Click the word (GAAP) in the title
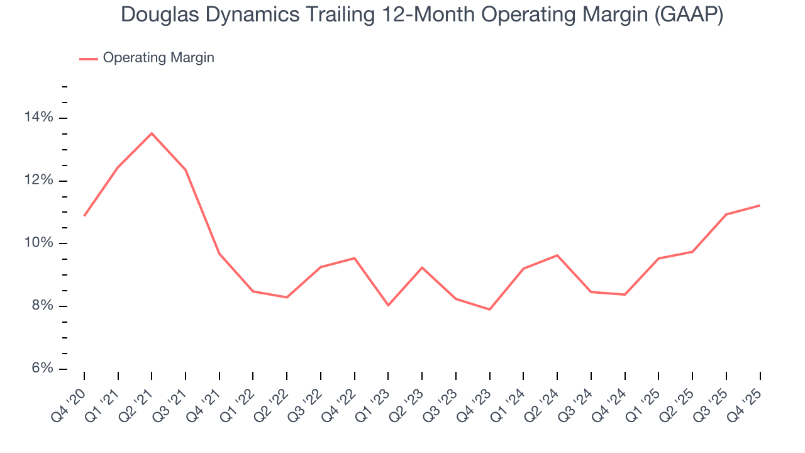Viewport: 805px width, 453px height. click(x=689, y=15)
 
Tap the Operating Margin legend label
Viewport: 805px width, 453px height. click(x=158, y=58)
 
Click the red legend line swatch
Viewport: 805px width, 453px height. click(x=88, y=59)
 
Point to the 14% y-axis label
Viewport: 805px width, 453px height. click(x=38, y=118)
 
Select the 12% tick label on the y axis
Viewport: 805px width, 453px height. click(x=38, y=181)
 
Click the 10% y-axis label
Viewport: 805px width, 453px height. click(x=38, y=243)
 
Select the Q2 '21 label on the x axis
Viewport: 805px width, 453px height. click(x=139, y=396)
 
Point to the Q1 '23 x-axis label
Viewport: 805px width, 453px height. click(x=375, y=396)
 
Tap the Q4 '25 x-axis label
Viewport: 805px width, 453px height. click(x=747, y=396)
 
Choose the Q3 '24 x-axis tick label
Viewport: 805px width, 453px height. click(x=579, y=396)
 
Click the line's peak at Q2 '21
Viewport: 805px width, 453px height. click(x=152, y=133)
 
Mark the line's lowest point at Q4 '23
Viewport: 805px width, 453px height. click(x=489, y=310)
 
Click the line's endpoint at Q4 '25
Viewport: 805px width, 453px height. click(x=760, y=205)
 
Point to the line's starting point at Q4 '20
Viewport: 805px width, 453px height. click(x=84, y=216)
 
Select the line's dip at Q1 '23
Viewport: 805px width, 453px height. click(x=388, y=305)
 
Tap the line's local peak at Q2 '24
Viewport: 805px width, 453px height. click(x=557, y=255)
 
